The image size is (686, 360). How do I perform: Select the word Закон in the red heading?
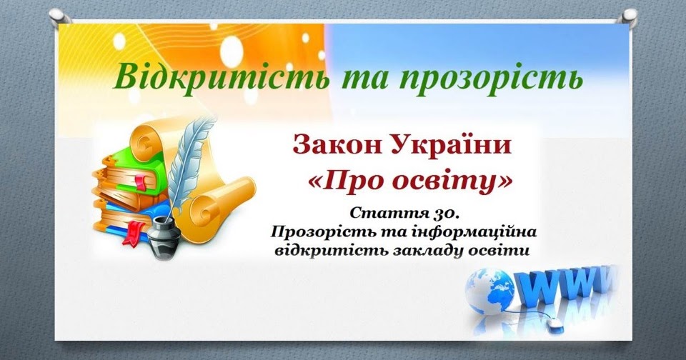(334, 146)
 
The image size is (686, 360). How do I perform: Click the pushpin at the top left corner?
(58, 16)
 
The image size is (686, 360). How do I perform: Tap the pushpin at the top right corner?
(628, 16)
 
